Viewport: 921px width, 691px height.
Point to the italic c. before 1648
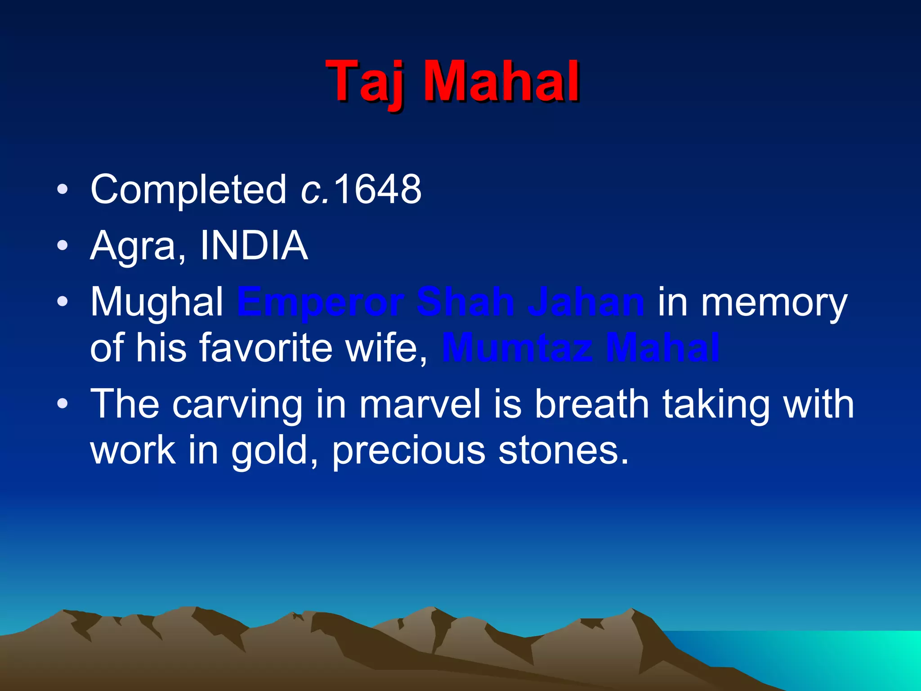[314, 190]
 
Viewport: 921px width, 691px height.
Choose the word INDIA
[254, 246]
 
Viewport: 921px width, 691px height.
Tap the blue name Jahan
[586, 302]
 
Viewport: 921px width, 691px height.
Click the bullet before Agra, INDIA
[63, 246]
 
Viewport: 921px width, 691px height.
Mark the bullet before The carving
[63, 404]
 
